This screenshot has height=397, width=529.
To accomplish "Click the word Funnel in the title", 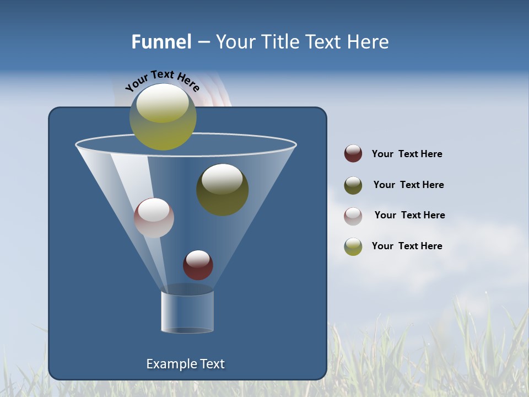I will tap(161, 42).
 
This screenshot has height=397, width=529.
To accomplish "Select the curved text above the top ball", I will tap(162, 81).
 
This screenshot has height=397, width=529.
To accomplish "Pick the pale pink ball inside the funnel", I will tap(154, 218).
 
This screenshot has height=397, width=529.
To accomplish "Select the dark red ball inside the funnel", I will tap(198, 266).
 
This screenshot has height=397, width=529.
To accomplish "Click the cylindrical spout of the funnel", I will tap(187, 312).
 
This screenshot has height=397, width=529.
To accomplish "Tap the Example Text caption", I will tap(186, 364).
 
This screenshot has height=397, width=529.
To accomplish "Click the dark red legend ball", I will tap(353, 154).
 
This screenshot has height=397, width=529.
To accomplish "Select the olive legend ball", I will tap(353, 185).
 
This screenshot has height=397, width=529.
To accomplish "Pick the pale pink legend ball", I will tap(353, 216).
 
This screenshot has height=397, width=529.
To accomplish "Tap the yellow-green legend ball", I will tap(353, 246).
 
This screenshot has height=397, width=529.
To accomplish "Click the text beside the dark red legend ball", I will tap(407, 154).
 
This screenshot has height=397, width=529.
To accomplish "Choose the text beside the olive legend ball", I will tap(408, 185).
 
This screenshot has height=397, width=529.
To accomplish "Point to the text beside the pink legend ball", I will tap(409, 215).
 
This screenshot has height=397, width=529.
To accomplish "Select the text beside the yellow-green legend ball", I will tap(407, 246).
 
